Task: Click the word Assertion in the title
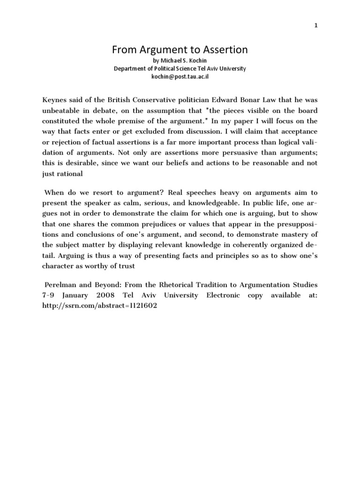pos(223,49)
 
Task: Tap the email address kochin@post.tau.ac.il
pos(180,76)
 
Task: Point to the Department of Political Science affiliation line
pos(180,68)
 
